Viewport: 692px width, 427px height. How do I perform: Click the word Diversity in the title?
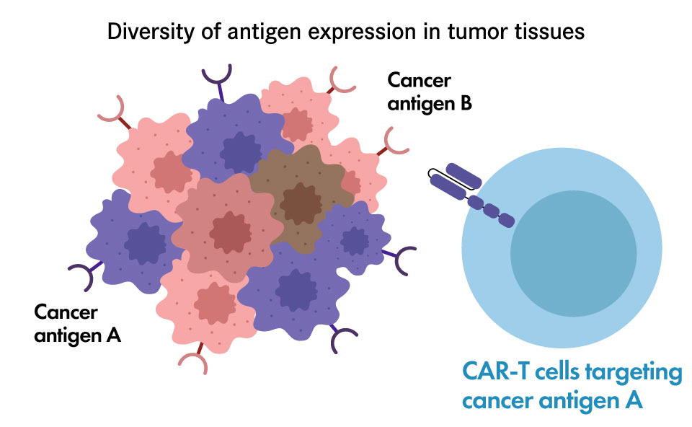coord(151,32)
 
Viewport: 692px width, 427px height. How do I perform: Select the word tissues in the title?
coord(550,32)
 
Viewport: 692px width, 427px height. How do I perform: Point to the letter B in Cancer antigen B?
coord(466,104)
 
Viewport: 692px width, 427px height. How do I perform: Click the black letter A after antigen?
coord(113,335)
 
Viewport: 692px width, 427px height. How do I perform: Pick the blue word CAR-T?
coord(495,371)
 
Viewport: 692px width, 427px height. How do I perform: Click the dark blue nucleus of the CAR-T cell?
coord(573,253)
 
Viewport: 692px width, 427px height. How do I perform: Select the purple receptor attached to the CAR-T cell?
coord(471,194)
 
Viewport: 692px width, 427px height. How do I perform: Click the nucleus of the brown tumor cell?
coord(301,204)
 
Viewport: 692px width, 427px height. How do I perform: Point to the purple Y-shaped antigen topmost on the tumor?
coord(218,82)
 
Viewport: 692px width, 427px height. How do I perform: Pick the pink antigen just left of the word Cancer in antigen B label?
coord(341,82)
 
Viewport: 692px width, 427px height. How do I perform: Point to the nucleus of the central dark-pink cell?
coord(230,232)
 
